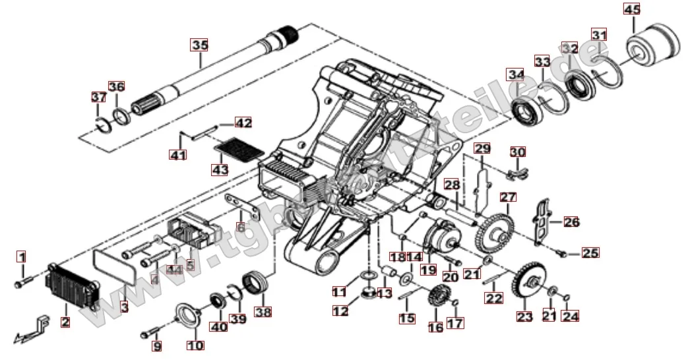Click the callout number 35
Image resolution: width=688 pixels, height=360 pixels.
coord(199,45)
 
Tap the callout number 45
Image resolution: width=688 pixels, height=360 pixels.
coord(631,10)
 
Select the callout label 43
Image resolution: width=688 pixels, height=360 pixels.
coord(220,169)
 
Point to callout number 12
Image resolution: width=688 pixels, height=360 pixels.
coord(340,311)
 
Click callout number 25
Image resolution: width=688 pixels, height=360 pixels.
coord(590,253)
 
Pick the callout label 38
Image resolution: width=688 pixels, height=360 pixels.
coord(263,311)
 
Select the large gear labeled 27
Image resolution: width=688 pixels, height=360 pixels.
coord(499,230)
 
